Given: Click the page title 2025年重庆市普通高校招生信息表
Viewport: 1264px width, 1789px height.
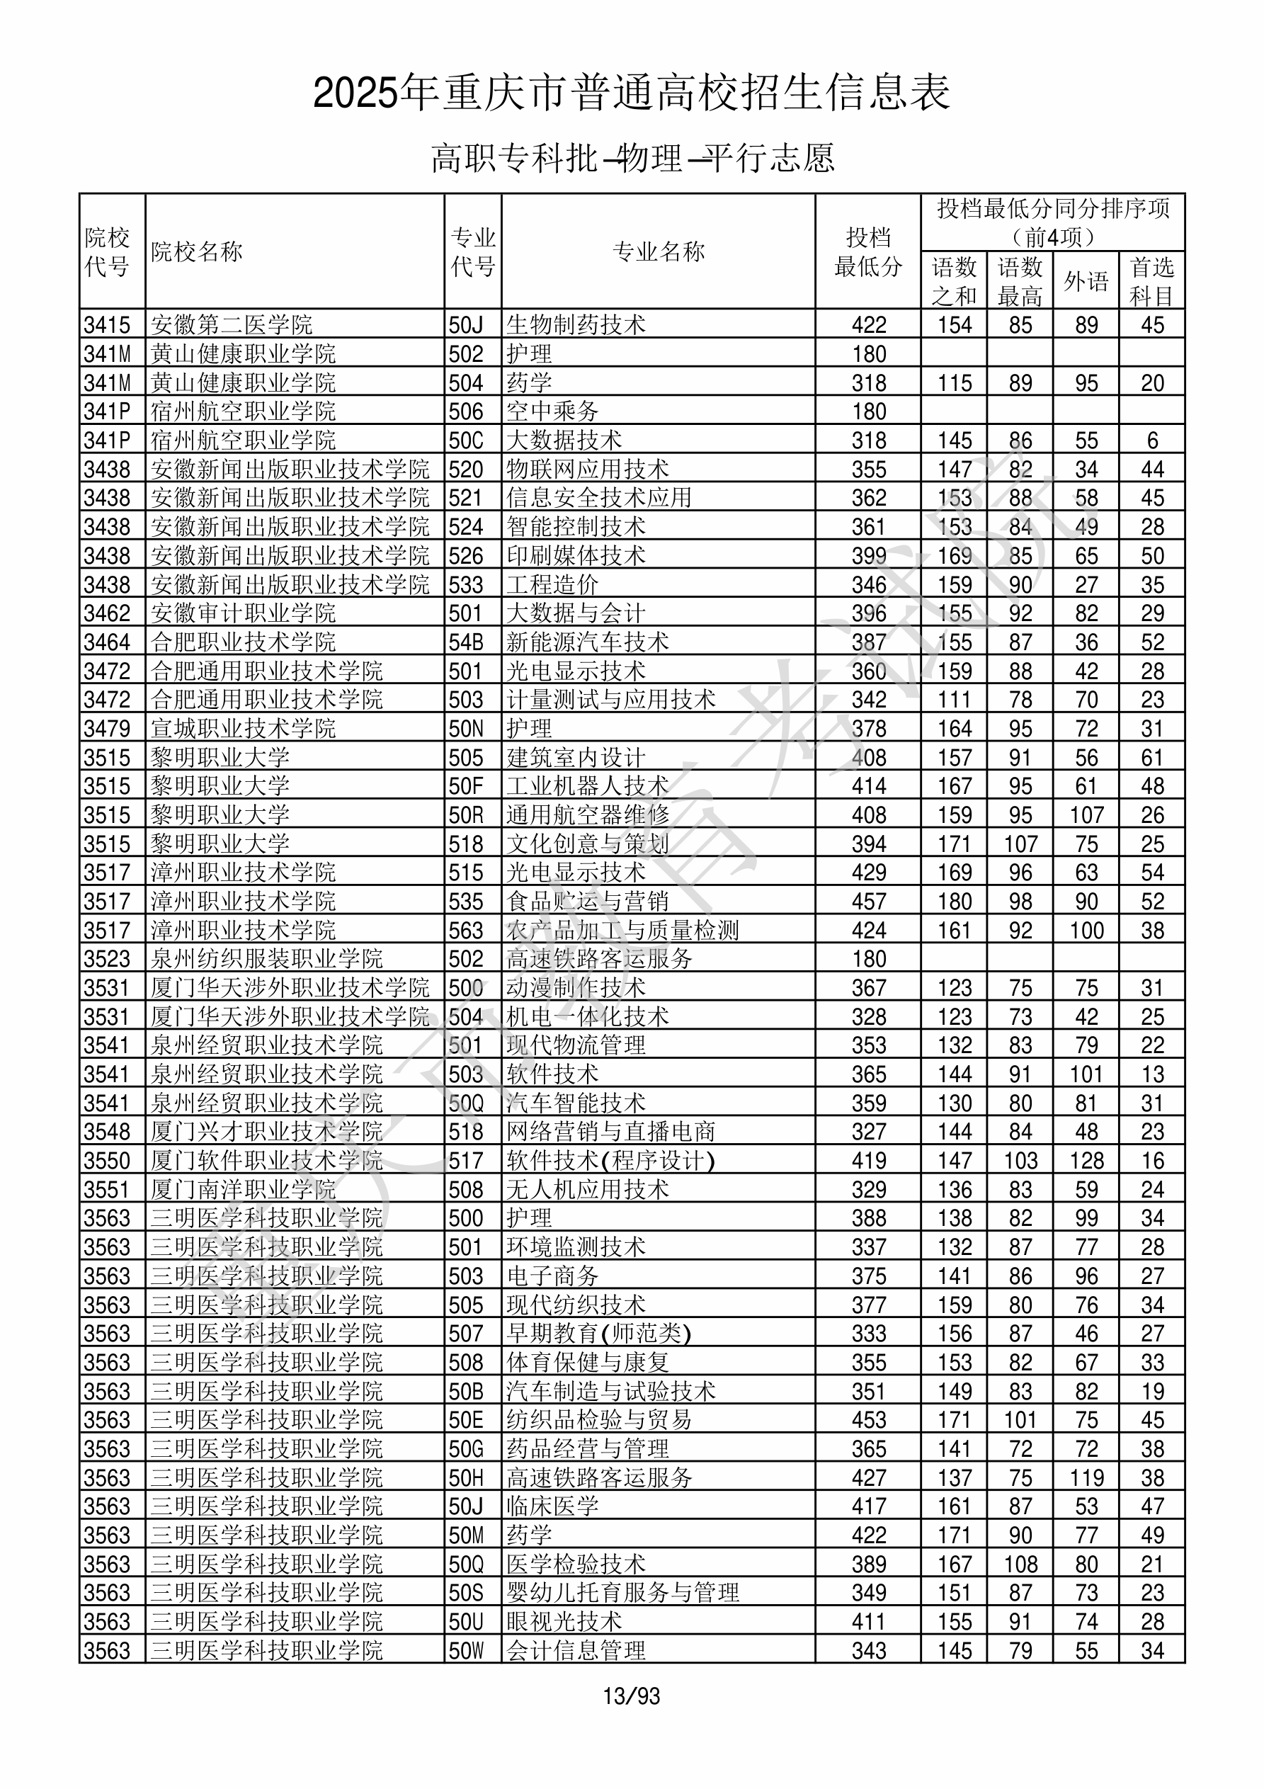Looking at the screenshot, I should coord(631,93).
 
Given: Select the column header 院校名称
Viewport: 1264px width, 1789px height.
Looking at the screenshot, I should coord(197,251).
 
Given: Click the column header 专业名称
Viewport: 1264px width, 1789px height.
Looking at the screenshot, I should coord(659,251).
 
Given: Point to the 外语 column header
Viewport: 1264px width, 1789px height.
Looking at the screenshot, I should coord(1086,281).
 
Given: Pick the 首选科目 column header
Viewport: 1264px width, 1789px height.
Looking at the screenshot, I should coord(1152,281).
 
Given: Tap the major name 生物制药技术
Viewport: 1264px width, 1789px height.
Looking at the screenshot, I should coord(576,325).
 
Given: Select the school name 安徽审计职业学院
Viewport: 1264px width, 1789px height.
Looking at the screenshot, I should coord(243,613).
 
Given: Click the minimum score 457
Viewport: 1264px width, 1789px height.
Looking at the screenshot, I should coord(869,902).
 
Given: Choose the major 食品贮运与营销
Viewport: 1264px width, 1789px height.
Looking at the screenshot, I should coord(588,902).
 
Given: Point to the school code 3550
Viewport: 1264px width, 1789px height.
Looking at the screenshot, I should coord(107,1161).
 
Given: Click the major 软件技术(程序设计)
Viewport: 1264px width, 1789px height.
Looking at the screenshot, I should coord(610,1161).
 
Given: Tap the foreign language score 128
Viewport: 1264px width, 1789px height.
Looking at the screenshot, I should coord(1086,1161).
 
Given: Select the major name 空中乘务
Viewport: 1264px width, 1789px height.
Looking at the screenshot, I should coord(552,411).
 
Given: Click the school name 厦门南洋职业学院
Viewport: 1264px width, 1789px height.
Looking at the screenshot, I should coord(243,1190).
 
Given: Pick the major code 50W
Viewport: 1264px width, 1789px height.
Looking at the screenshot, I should coord(466,1651).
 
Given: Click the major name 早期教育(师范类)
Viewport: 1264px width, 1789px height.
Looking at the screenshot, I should coord(598,1334).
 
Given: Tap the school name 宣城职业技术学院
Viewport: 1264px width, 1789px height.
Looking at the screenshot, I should coord(243,729).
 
